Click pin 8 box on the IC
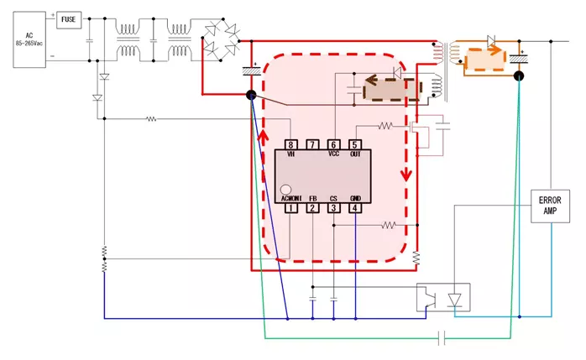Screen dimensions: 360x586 pos(290,144)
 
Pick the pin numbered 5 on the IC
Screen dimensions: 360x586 pos(355,144)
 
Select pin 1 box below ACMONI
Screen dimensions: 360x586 pos(290,208)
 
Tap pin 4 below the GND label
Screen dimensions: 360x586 pos(355,208)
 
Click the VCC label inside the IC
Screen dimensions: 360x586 pos(333,154)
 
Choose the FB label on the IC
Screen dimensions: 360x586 pos(312,198)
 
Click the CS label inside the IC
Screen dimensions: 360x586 pos(333,198)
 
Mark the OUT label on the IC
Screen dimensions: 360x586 pos(355,154)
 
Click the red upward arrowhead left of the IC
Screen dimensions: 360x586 pos(264,135)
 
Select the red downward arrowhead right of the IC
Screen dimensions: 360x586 pos(407,175)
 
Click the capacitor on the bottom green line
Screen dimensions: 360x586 pos(443,338)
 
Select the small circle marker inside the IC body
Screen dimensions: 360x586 pos(285,190)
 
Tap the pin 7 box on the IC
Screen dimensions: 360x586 pos(312,144)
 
